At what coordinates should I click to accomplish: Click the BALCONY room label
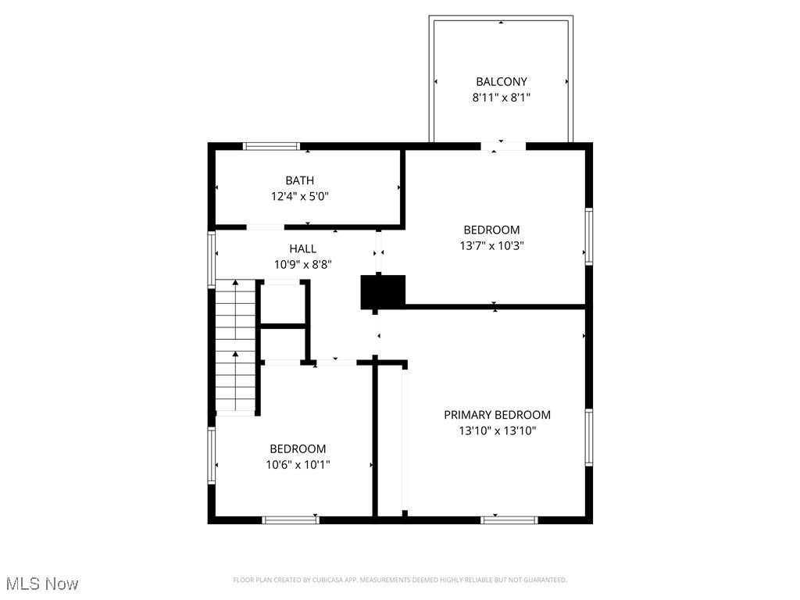click(x=502, y=81)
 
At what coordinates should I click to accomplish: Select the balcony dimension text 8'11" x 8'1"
click(x=502, y=98)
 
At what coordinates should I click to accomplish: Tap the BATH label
click(x=300, y=180)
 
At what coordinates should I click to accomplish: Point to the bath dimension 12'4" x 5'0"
click(x=300, y=197)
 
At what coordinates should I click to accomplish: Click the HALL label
click(x=303, y=248)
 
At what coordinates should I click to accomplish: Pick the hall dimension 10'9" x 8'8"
click(x=303, y=264)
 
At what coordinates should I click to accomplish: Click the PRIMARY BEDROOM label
click(x=497, y=415)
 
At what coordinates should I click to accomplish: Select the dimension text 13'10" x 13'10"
click(x=497, y=430)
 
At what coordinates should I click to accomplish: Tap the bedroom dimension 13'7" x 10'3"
click(x=491, y=245)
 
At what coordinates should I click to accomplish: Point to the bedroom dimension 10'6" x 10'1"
click(x=298, y=464)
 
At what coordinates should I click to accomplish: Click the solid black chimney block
click(x=383, y=291)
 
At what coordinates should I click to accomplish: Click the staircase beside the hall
click(x=236, y=348)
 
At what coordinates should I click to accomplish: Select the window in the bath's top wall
click(x=271, y=146)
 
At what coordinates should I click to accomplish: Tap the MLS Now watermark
click(x=42, y=584)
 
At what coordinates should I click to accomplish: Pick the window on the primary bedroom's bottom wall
click(x=509, y=519)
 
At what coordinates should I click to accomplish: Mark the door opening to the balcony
click(x=502, y=146)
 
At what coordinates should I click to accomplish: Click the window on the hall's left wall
click(x=211, y=260)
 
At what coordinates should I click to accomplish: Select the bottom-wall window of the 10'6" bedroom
click(x=291, y=519)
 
